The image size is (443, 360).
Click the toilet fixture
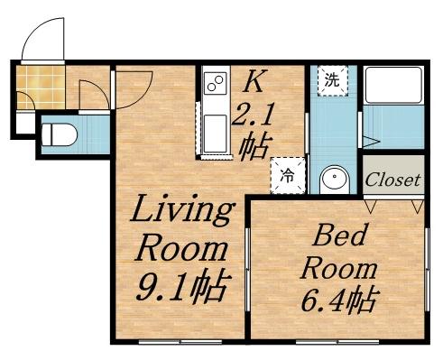coord(59,135)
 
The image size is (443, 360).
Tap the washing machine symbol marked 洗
coord(333,80)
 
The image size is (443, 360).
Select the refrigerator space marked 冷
coord(288,176)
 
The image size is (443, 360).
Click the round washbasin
coord(335,180)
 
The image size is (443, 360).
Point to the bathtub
coord(393,86)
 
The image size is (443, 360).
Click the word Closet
coord(392,180)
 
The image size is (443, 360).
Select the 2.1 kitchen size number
coord(252,115)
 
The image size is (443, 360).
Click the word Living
coord(182,210)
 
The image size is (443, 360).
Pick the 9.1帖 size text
coord(180,285)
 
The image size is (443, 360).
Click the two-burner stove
coord(216,83)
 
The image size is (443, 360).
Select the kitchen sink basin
coord(215,134)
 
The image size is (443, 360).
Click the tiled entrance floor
coord(41,88)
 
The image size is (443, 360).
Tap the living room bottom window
coord(180,342)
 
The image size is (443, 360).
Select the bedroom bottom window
coord(337,342)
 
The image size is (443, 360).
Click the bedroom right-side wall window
coord(428,270)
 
